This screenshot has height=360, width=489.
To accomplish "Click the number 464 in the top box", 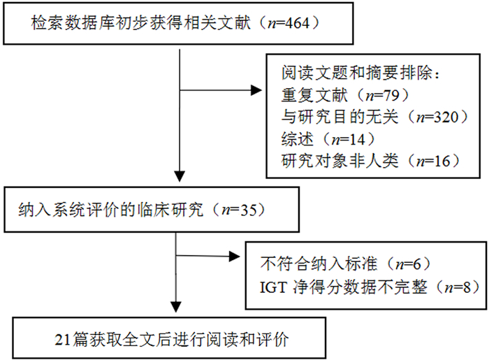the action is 297,23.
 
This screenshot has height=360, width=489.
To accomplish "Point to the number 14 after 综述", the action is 357,139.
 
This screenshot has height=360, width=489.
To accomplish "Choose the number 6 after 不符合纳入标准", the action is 417,264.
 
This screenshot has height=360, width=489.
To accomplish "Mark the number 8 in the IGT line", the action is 467,287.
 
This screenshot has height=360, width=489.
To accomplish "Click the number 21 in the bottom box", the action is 63,340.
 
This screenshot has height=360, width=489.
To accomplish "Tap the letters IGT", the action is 273,287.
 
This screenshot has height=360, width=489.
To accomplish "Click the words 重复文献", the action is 314,95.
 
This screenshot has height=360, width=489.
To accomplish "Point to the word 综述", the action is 297,139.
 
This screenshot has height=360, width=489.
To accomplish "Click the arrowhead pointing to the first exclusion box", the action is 256,90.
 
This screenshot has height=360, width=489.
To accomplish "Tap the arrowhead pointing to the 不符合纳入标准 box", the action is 235,257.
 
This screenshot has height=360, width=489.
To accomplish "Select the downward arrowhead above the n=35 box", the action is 180,176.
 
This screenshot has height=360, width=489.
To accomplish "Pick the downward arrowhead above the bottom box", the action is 176,307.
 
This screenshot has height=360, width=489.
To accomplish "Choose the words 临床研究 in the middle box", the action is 170,210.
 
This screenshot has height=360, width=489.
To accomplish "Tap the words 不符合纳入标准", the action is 319,264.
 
